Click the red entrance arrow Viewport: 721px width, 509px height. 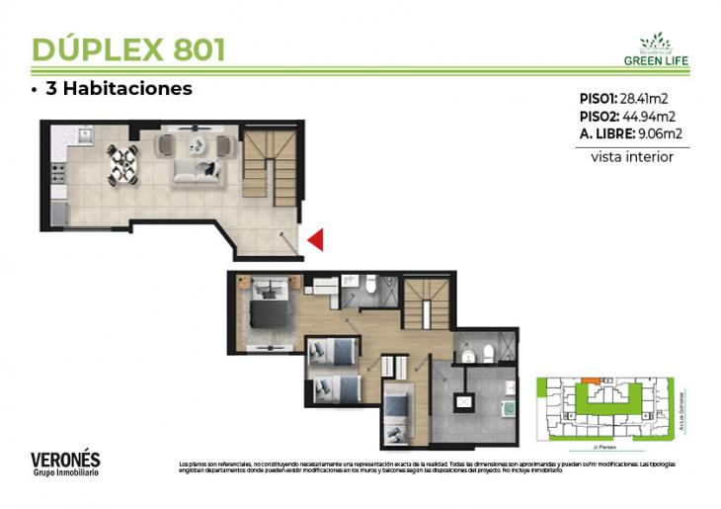316,238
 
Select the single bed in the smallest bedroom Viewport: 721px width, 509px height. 400,415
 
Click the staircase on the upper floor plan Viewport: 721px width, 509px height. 427,300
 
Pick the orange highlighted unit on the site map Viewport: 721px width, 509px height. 589,380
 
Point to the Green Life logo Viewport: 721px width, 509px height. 656,50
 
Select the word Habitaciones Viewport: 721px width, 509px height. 127,89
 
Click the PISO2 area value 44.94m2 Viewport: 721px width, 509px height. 654,116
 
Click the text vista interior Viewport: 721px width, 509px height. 632,156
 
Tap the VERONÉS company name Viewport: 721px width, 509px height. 65,460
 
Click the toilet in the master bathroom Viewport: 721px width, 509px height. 367,287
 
